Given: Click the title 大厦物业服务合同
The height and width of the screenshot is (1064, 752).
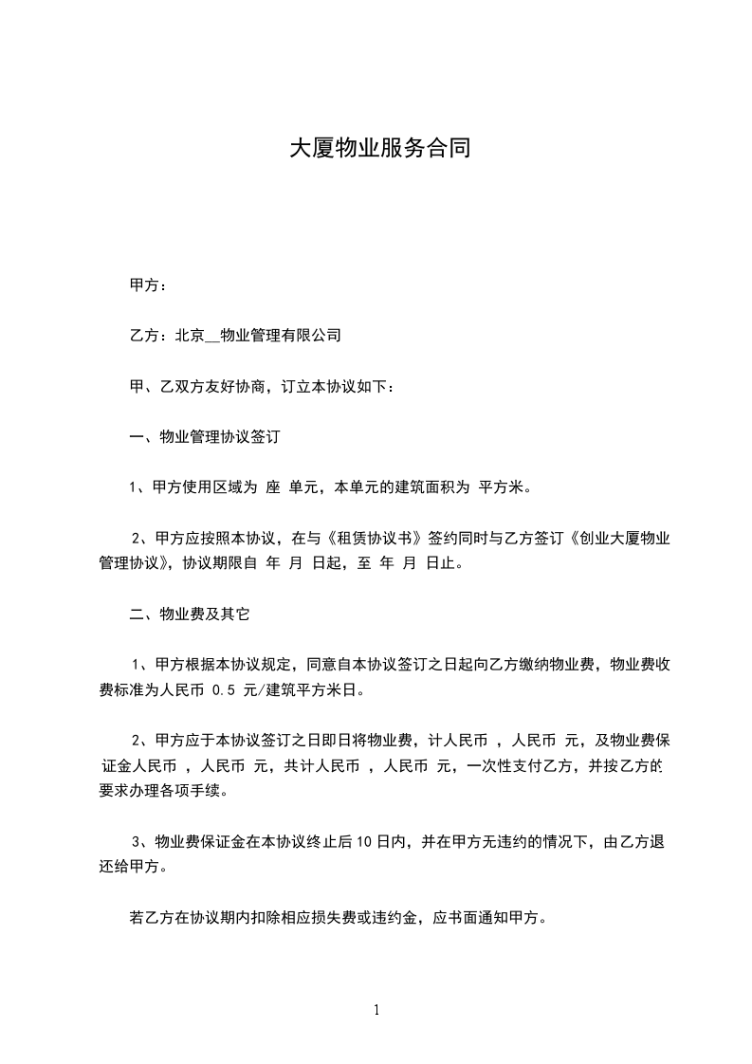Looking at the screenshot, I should tap(379, 149).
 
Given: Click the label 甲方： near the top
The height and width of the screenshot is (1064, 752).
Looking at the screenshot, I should tap(149, 284).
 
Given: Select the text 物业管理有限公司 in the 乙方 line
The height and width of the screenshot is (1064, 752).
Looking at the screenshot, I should tap(280, 336).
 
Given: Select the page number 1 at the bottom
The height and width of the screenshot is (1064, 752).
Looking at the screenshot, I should tap(376, 1010).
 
